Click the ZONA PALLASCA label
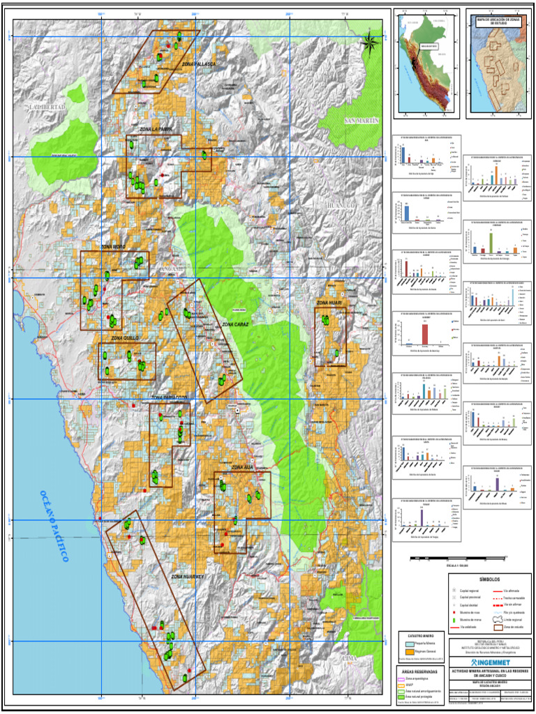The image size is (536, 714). click(199, 64)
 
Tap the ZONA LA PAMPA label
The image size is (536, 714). click(156, 130)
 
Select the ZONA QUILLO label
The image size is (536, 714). click(123, 337)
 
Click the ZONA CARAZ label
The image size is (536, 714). click(236, 324)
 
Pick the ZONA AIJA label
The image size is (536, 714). click(242, 467)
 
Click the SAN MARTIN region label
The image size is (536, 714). click(361, 121)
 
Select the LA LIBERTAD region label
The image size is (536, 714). click(47, 107)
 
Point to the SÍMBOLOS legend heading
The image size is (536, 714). click(489, 580)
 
